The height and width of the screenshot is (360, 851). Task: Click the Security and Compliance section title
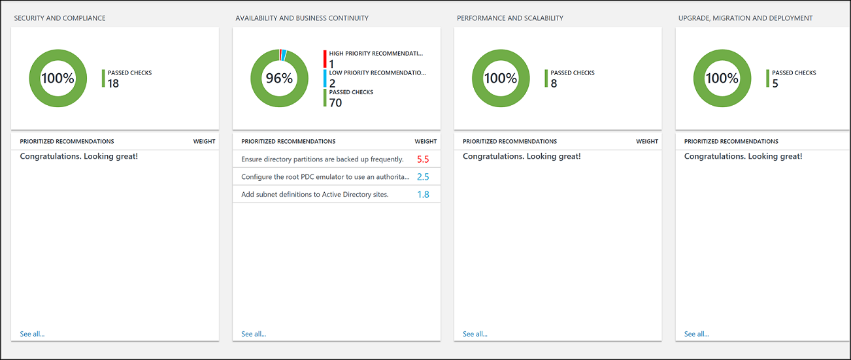pos(59,18)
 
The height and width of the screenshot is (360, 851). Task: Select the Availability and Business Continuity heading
pos(301,18)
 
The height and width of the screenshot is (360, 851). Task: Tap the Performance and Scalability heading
pos(510,18)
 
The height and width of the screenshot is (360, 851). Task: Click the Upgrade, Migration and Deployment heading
pos(745,18)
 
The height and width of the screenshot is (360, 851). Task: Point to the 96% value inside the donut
pos(279,78)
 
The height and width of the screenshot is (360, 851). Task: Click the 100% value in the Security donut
pos(58,78)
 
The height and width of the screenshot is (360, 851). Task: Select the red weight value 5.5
pos(423,159)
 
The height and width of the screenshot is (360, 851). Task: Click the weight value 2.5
pos(423,177)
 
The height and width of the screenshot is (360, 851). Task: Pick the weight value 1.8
pos(423,195)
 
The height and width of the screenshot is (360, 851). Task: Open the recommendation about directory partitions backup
pos(322,159)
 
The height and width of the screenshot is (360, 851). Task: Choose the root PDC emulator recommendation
pos(325,177)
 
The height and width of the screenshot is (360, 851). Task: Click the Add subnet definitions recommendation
pos(314,195)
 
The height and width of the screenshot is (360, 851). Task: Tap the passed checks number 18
pos(113,84)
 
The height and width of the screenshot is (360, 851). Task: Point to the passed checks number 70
pos(335,103)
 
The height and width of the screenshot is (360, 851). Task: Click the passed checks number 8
pos(554,84)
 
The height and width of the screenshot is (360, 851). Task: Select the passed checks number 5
pos(775,84)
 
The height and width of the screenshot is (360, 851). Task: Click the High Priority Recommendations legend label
pos(376,54)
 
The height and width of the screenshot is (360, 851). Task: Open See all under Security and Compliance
pos(32,334)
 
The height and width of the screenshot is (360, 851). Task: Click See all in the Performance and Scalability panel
pos(475,334)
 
